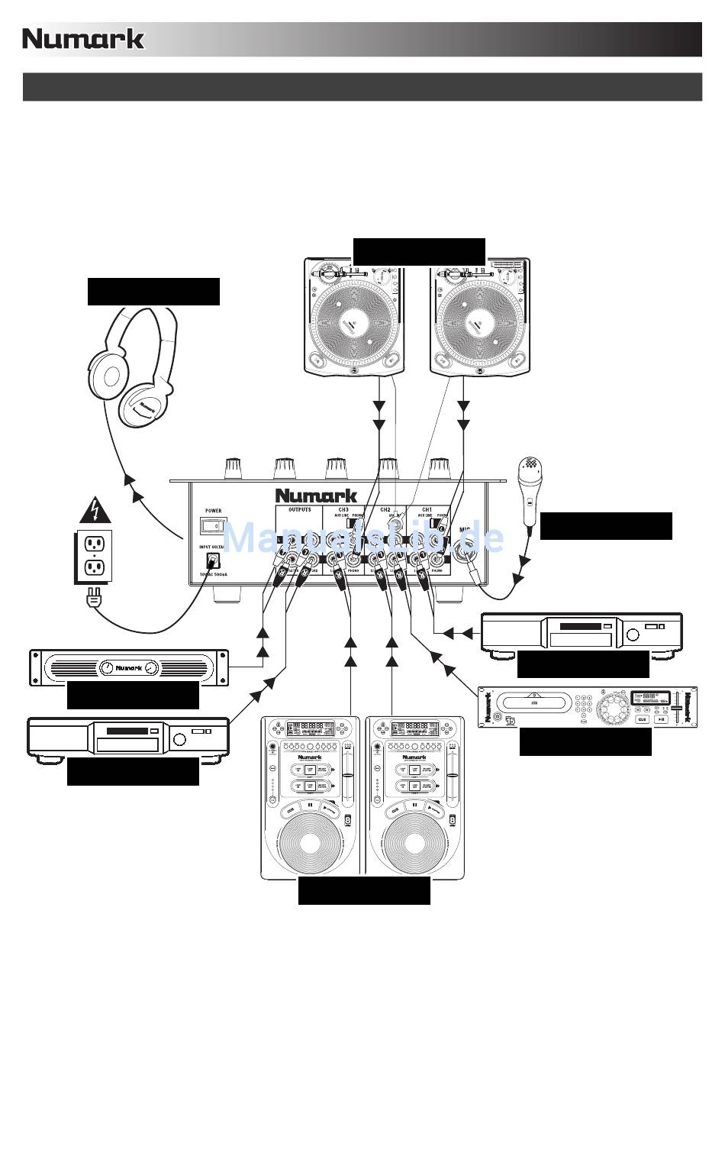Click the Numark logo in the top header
pos(83,39)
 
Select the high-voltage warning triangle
pos(95,510)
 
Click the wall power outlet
pos(94,555)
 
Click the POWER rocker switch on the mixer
pos(213,525)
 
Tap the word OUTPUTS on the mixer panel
pos(299,509)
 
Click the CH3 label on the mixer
pos(343,509)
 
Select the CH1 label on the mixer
pos(427,509)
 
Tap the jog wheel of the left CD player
pos(310,842)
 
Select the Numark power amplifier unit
pos(128,667)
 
